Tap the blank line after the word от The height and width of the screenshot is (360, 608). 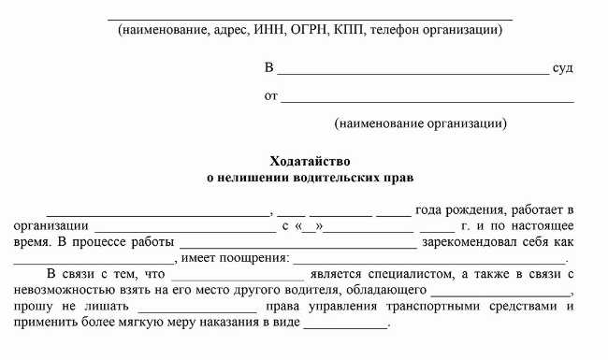click(427, 99)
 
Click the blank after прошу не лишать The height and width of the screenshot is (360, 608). click(204, 310)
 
